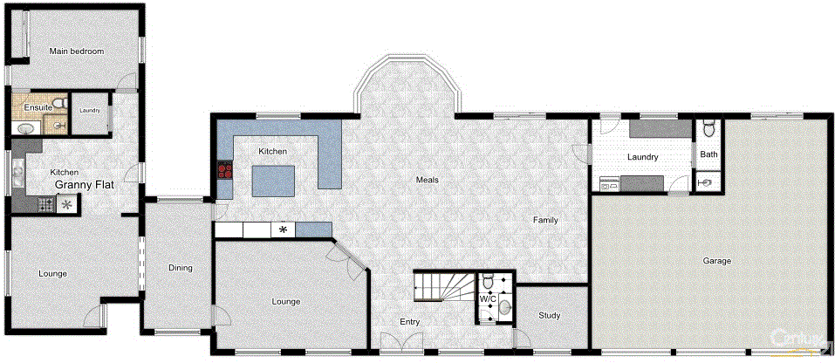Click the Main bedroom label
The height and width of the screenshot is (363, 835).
point(77,51)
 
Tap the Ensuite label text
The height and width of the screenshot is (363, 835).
point(38,107)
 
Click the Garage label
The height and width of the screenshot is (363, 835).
point(716,261)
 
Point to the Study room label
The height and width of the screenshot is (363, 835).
point(549,316)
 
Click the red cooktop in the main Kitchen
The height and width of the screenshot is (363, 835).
point(225,169)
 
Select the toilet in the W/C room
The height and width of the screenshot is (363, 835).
point(489,281)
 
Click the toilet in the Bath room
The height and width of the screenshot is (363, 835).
point(709,131)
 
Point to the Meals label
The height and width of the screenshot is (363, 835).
point(427,180)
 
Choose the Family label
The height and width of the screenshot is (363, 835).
point(545,221)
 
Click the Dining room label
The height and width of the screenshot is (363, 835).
point(180,268)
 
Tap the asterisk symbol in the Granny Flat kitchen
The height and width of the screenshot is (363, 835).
point(65,205)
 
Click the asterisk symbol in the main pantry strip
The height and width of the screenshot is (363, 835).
point(283,230)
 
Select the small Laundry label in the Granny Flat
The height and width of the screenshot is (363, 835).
point(89,111)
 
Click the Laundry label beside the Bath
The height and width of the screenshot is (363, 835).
point(641,157)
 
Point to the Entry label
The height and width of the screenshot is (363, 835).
point(409,322)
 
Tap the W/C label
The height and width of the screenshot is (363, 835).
point(488,299)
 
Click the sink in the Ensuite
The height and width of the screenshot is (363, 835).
point(26,128)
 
